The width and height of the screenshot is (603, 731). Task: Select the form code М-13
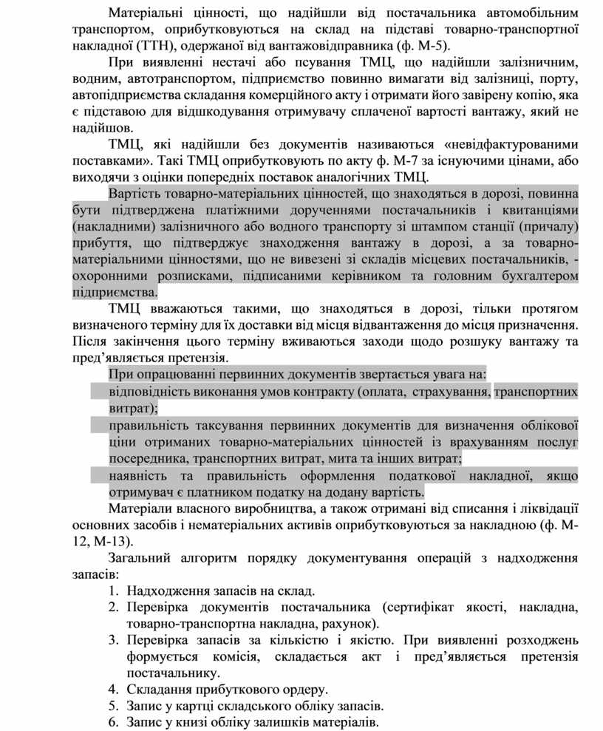[110, 540]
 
